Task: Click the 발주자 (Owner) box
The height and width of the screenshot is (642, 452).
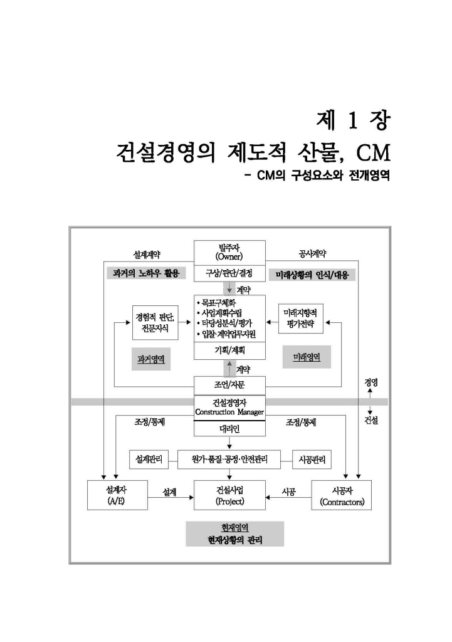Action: point(229,253)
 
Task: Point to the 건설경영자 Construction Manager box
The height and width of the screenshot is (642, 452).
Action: point(229,407)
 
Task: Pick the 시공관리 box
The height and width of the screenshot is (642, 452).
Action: point(313,460)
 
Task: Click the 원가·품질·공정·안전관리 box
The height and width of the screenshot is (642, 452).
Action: point(229,460)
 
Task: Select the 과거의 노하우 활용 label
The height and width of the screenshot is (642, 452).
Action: point(145,275)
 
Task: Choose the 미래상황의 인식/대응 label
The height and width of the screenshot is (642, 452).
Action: point(312,275)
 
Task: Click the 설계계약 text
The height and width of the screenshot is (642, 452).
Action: point(147,254)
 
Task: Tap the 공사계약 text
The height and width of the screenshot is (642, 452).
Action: point(312,254)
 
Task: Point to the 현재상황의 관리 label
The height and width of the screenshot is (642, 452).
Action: point(234,539)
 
